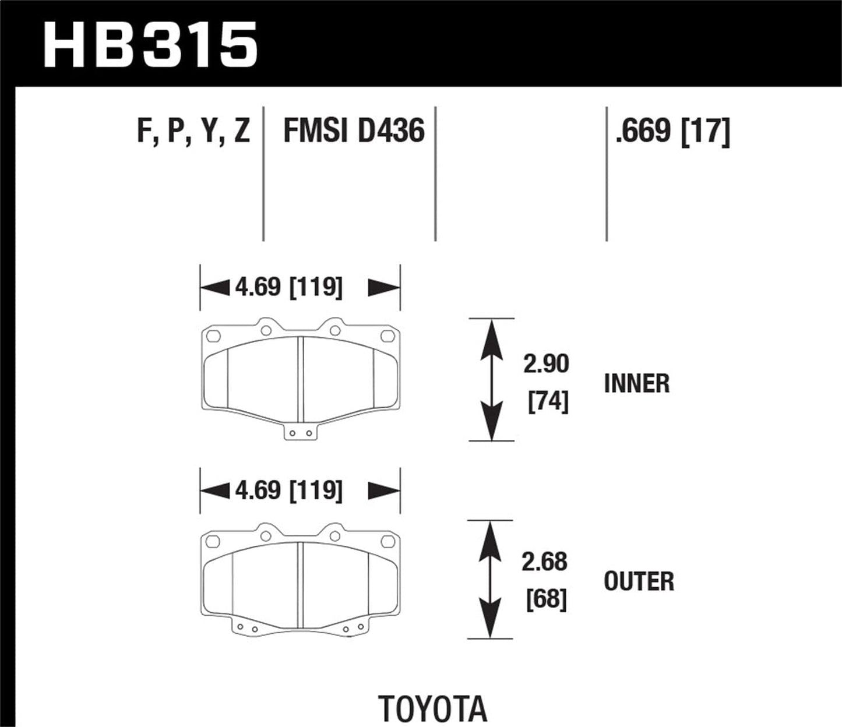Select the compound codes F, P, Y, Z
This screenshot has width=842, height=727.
coord(193,130)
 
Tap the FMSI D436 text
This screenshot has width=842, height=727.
coord(354,130)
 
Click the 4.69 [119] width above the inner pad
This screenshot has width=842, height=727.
coord(288,288)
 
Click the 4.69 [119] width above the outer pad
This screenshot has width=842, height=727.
coord(288,490)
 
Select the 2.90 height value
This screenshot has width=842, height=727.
coord(545,364)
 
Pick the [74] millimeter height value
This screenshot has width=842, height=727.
coord(548,402)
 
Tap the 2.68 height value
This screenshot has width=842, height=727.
coord(544,562)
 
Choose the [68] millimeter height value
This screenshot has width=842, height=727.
coord(547,599)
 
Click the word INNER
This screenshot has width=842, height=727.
coord(637,384)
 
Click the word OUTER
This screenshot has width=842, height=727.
coord(639,582)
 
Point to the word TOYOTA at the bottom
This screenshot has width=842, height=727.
coord(433,709)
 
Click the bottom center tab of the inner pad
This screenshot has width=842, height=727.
coord(301,433)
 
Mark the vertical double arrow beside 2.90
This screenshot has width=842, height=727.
coord(492,380)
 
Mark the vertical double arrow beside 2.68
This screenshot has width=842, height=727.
coord(491,580)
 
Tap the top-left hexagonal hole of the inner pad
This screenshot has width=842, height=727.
coord(213,336)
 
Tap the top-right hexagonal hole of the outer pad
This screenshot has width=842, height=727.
coord(387,543)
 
